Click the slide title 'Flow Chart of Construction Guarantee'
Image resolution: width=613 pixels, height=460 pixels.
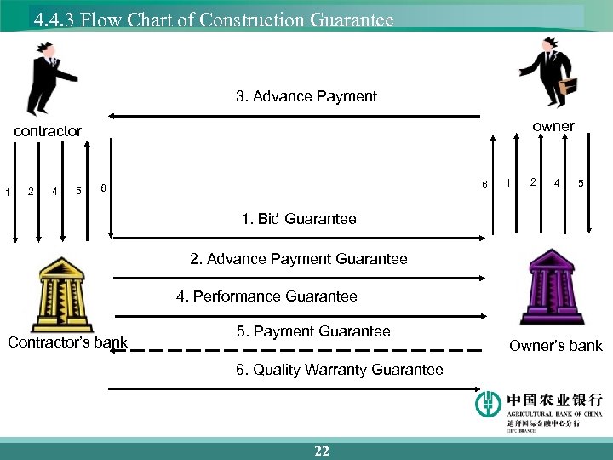[x=213, y=19]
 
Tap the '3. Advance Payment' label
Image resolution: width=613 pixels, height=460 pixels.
[x=306, y=96]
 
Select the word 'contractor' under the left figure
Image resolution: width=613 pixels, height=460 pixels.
[x=48, y=130]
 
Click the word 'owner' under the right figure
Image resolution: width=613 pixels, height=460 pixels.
[x=553, y=126]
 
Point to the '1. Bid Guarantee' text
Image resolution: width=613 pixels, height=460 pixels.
[x=299, y=219]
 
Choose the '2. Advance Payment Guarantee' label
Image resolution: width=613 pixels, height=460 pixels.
[x=298, y=258]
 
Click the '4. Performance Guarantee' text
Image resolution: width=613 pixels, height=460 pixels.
[x=266, y=296]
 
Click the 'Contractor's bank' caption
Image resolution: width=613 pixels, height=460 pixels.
[x=67, y=343]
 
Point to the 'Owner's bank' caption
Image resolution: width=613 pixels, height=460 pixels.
[x=555, y=345]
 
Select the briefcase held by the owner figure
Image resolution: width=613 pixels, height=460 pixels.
[x=567, y=86]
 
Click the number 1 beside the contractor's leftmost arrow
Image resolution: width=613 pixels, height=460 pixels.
[x=7, y=192]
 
